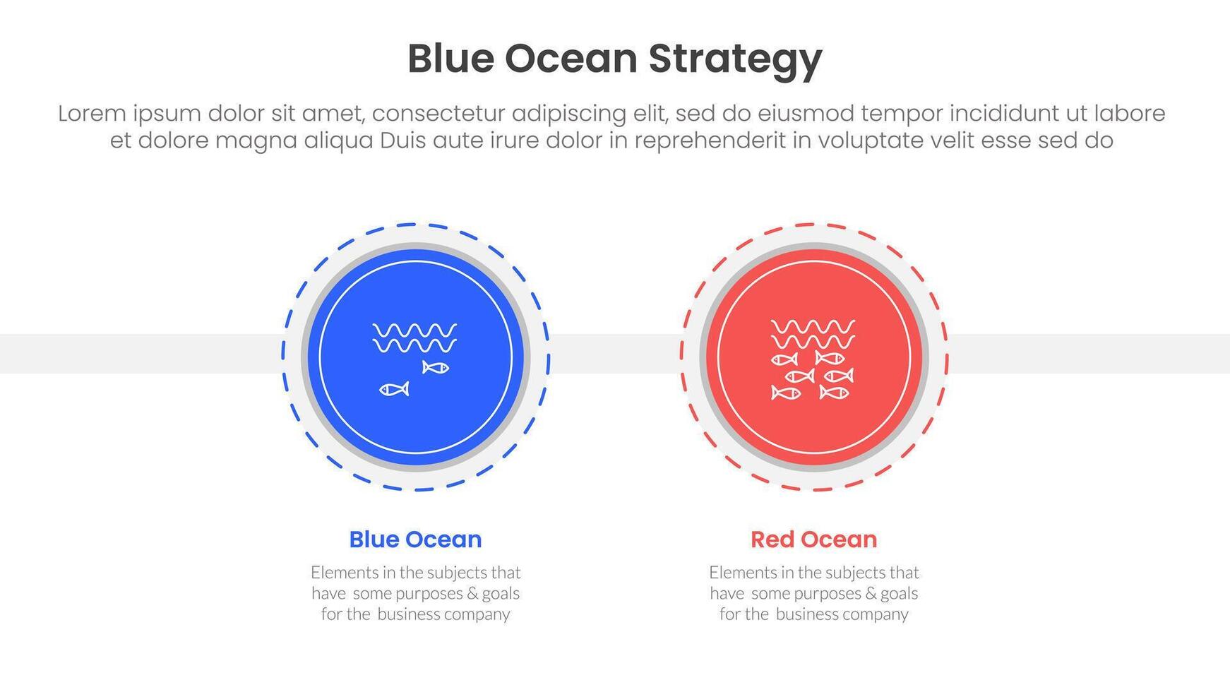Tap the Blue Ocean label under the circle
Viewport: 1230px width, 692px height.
click(x=415, y=539)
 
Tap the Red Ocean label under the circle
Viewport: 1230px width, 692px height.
click(x=813, y=539)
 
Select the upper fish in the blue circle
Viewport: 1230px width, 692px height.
click(x=436, y=367)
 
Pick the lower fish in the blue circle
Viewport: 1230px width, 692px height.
click(x=394, y=389)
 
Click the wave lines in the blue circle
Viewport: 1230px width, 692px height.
click(x=414, y=337)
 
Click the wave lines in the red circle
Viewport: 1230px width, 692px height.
click(x=813, y=333)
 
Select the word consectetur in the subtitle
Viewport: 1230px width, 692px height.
click(x=438, y=114)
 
